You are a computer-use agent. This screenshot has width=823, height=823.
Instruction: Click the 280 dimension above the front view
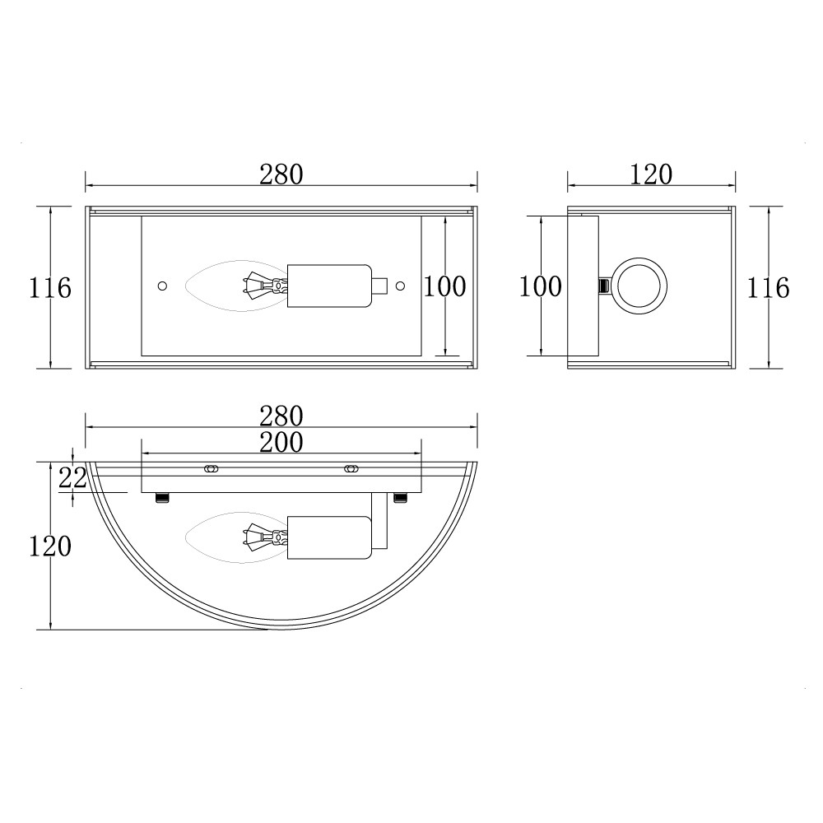[x=281, y=174]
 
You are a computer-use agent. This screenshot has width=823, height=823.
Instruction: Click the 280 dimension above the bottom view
[x=281, y=416]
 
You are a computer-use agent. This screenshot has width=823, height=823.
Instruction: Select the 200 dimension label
[x=281, y=442]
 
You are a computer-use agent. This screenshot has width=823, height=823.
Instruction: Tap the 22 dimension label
[x=72, y=477]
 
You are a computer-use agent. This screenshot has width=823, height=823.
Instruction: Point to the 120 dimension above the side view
[x=651, y=174]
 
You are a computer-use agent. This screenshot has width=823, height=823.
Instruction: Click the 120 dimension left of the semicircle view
[x=50, y=546]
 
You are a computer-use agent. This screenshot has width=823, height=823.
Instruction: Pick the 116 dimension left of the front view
[x=50, y=287]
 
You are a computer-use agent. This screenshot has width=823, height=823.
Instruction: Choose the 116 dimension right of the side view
[x=768, y=287]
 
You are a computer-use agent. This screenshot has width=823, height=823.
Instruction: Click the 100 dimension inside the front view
[x=444, y=286]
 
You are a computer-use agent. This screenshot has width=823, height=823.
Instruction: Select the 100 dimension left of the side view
[x=541, y=286]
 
